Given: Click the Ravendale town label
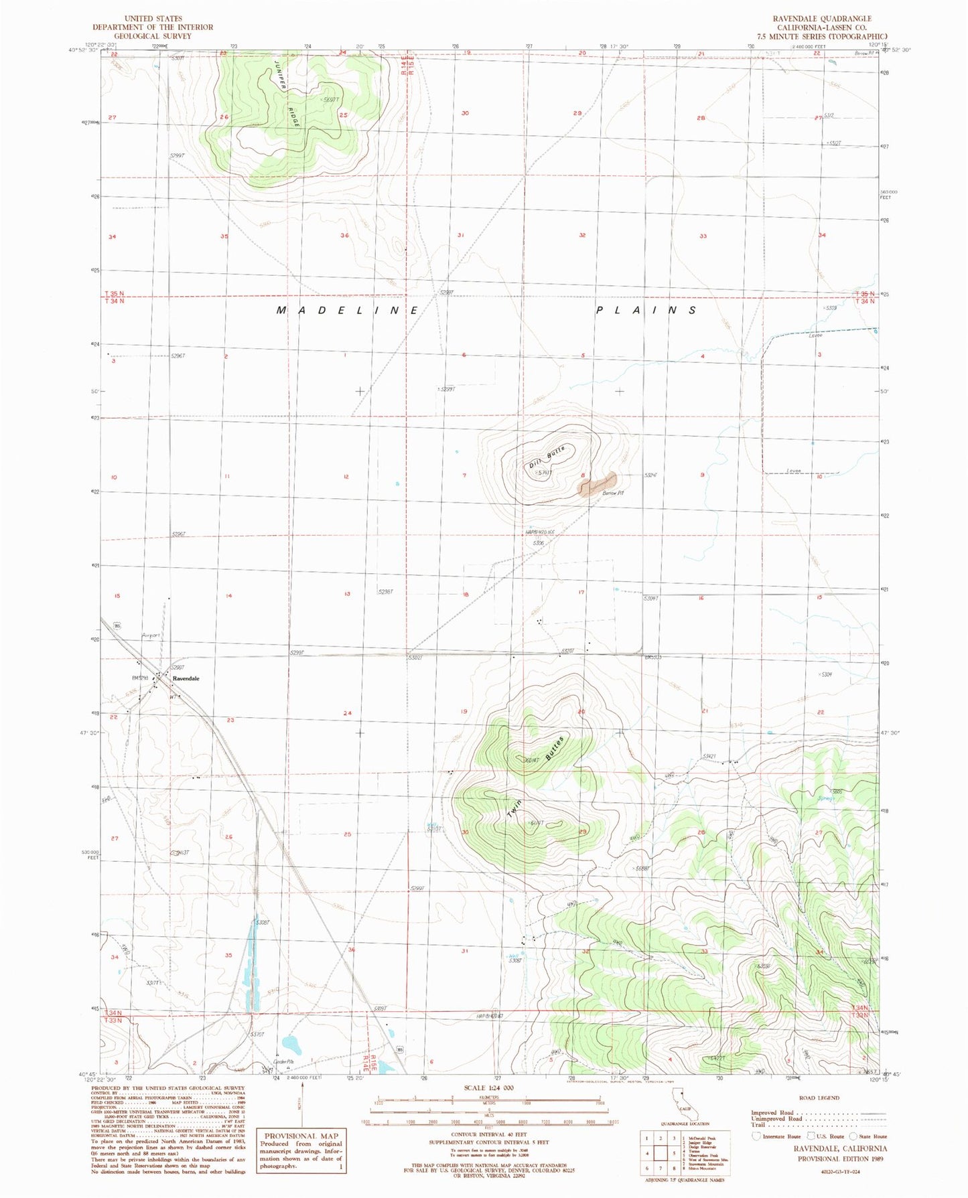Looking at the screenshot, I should point(186,678).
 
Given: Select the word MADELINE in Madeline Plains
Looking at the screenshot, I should point(348,311).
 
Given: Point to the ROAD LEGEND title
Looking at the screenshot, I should point(819,1098).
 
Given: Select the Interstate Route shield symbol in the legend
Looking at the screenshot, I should point(757,1136).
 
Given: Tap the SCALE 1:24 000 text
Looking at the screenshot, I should point(488,1088).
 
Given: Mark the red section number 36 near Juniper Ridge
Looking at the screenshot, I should point(345,236).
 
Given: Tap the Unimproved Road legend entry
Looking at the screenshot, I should point(776,1119).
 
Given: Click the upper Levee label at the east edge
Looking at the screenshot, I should point(815,335).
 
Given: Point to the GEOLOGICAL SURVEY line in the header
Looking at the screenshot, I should point(152,36).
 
